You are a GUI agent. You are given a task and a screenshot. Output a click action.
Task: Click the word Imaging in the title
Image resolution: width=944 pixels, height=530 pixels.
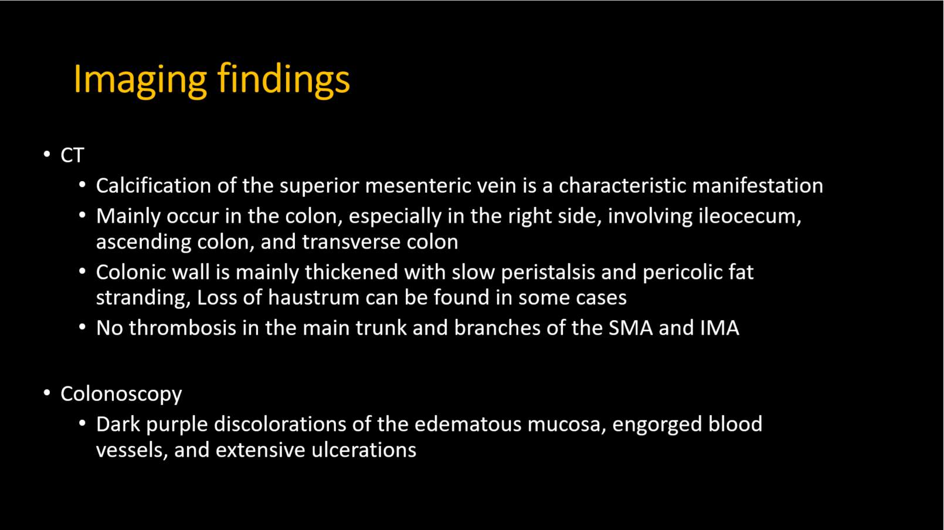click(x=140, y=80)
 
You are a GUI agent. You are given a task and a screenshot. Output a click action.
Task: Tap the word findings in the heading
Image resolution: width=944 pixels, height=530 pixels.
click(x=284, y=80)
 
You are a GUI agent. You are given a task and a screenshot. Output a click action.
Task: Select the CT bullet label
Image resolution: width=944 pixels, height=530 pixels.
click(x=73, y=155)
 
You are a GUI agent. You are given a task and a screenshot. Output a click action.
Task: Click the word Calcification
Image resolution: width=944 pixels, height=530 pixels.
click(x=154, y=185)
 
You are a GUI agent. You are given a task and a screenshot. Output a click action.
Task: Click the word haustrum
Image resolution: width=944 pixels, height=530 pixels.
click(x=314, y=297)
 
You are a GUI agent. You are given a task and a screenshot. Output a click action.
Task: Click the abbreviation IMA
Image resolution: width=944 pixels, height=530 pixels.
click(x=720, y=328)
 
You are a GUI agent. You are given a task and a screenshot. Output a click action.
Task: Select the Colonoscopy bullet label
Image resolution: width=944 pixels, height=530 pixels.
click(x=121, y=395)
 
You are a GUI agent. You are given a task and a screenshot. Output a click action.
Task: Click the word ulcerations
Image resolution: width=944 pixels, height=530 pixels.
click(x=364, y=450)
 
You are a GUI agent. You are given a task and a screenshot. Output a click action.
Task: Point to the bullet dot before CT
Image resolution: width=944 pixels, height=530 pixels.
click(x=47, y=154)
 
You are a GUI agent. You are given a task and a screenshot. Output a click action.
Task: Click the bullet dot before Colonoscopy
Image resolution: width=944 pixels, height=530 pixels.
click(x=47, y=393)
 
